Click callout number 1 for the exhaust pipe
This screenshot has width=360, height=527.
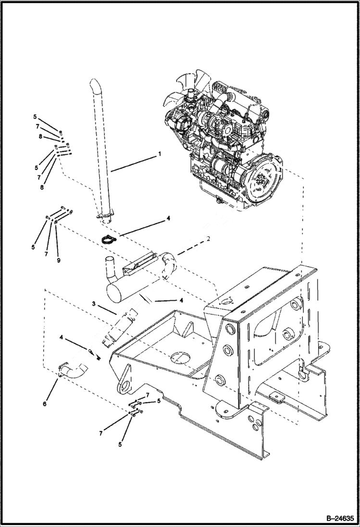(160, 155)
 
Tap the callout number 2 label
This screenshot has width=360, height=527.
(208, 239)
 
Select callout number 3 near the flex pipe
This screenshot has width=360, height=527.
(95, 304)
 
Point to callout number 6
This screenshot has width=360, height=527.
(45, 404)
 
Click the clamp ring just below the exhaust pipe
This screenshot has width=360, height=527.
(110, 237)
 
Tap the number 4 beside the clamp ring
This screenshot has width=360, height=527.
(168, 218)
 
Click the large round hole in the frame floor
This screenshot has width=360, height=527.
(179, 358)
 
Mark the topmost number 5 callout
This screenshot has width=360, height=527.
(35, 117)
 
